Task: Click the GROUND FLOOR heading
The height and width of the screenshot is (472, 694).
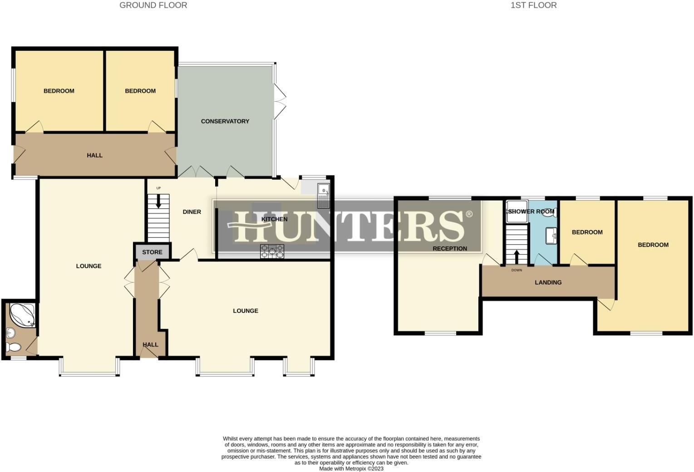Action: click(x=153, y=5)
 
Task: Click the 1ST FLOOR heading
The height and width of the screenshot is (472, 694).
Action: click(x=533, y=5)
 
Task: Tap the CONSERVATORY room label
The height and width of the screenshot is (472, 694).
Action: click(x=225, y=121)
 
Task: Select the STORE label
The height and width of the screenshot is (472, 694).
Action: click(x=152, y=252)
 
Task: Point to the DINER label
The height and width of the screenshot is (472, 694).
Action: click(x=192, y=212)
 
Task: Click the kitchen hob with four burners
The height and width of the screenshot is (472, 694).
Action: click(x=272, y=251)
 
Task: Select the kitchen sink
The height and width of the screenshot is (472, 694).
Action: click(x=324, y=191)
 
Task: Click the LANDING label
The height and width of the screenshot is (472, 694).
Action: click(x=548, y=282)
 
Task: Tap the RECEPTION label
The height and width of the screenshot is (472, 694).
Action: click(x=449, y=249)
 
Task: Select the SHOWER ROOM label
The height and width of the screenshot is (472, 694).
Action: click(x=531, y=211)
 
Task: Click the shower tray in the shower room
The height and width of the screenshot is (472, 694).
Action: click(x=517, y=212)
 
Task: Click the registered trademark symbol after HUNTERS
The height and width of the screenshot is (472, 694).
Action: click(x=469, y=214)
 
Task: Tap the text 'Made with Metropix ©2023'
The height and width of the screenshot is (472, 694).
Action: click(x=351, y=469)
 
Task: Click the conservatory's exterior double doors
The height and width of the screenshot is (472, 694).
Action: click(x=280, y=102)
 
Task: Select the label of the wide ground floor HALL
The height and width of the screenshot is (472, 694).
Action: click(x=94, y=155)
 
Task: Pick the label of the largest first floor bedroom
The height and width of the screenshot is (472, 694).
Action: click(x=653, y=245)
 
